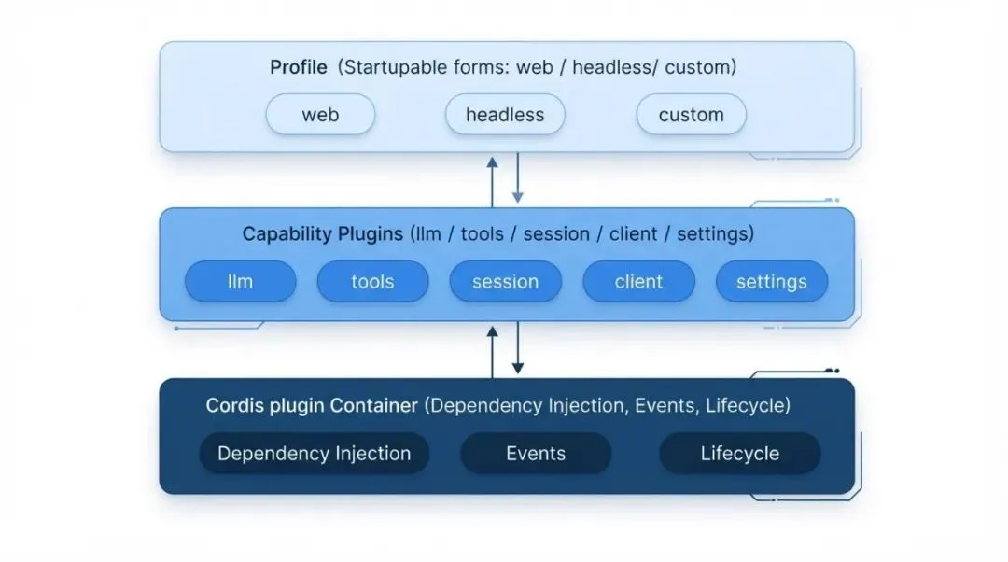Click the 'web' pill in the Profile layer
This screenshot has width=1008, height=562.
[320, 115]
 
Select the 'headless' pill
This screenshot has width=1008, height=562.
[505, 115]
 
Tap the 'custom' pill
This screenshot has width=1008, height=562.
[691, 115]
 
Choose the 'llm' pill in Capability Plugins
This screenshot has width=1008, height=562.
[241, 281]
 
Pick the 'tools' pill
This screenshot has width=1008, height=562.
[372, 281]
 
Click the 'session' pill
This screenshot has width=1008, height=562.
[505, 281]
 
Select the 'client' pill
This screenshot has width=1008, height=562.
[638, 281]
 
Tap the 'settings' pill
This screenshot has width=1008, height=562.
[772, 281]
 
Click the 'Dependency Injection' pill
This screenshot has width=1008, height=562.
[315, 454]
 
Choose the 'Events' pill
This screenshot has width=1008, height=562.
[536, 454]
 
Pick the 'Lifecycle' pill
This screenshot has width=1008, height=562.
[740, 454]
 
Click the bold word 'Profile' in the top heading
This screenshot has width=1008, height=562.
[299, 67]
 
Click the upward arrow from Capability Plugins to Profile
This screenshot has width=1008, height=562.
[493, 183]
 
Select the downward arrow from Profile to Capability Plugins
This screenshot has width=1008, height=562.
[517, 177]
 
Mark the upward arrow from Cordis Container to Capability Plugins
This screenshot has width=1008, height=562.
[493, 352]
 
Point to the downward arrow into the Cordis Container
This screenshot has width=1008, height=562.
[517, 347]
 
